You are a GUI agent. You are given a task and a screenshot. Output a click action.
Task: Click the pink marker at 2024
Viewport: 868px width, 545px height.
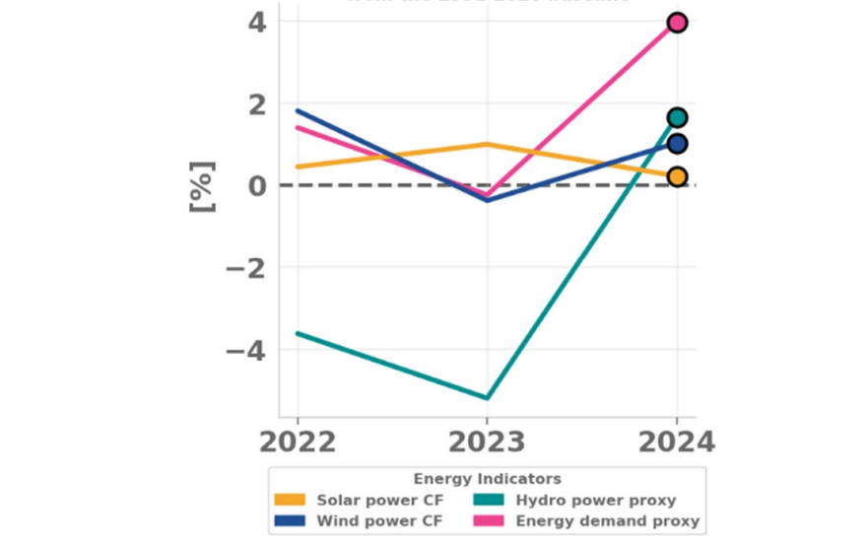(x=677, y=23)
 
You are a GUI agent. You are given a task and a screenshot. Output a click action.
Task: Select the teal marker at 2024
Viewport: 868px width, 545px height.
(x=677, y=118)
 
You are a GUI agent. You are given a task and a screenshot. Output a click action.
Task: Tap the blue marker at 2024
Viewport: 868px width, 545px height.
(x=677, y=144)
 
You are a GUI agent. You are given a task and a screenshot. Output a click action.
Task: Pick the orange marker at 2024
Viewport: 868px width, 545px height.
(x=677, y=177)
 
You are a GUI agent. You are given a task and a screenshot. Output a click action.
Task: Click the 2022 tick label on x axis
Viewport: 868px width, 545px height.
(x=298, y=442)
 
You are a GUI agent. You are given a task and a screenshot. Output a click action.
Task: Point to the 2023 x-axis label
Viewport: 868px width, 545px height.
(x=487, y=442)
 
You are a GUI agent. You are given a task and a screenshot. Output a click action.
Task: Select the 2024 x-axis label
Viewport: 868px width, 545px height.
(x=677, y=442)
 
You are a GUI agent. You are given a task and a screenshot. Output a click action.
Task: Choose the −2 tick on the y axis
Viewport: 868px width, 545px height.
(x=245, y=268)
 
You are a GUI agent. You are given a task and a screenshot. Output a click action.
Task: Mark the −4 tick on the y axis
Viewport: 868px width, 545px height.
(x=245, y=350)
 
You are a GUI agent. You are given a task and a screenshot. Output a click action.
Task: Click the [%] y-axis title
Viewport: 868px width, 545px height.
(x=201, y=185)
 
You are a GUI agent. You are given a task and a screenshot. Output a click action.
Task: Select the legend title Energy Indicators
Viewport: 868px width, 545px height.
(x=487, y=480)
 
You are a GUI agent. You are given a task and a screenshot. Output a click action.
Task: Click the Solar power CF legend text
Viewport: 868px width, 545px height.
(x=379, y=501)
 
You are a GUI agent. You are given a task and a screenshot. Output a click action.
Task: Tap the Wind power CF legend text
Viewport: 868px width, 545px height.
(x=379, y=520)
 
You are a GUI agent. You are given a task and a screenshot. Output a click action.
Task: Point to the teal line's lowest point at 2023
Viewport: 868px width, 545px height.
(x=487, y=398)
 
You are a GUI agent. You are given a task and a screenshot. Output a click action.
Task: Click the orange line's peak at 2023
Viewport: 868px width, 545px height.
(x=487, y=144)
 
